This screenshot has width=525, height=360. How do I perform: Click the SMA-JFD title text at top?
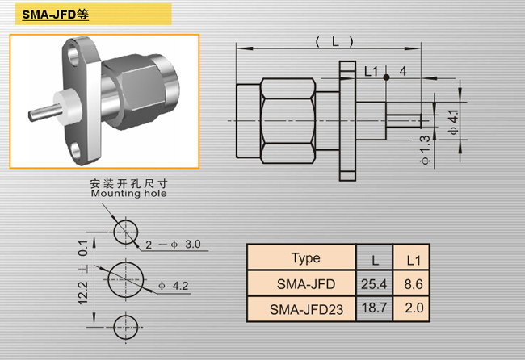(55, 15)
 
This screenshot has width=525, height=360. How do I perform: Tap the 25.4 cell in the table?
(374, 284)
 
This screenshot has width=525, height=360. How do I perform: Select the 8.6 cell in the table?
(414, 284)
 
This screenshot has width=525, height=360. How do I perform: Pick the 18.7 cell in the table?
(374, 308)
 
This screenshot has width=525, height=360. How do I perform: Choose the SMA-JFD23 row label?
(306, 309)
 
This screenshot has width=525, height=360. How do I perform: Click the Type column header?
(305, 258)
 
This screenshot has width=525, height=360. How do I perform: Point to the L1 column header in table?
(414, 260)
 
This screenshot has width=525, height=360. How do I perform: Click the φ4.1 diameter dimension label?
(453, 122)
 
